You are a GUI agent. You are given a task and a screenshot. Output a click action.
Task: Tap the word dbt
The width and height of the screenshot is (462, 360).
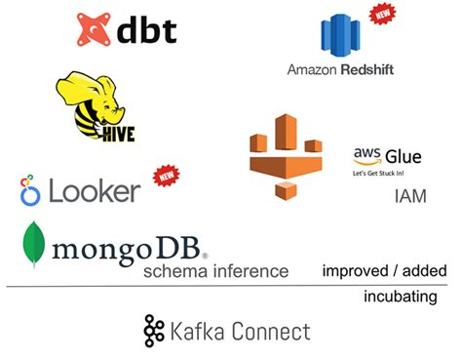pyautogui.click(x=146, y=29)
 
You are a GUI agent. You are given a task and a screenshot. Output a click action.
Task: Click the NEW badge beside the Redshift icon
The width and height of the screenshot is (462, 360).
pyautogui.click(x=382, y=15)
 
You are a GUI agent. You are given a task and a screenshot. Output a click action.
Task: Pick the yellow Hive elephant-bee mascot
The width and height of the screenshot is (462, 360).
pyautogui.click(x=93, y=102)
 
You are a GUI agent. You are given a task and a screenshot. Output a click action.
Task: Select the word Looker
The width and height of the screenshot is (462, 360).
pyautogui.click(x=94, y=191)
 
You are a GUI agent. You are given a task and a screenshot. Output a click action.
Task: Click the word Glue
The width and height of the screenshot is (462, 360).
pyautogui.click(x=403, y=156)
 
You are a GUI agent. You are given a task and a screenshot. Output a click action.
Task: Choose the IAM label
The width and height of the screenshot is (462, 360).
pyautogui.click(x=410, y=197)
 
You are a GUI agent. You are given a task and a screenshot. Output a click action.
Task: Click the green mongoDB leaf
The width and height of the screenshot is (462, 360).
pyautogui.click(x=37, y=244)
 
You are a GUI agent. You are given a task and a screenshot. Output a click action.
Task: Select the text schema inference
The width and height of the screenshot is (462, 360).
pyautogui.click(x=215, y=271)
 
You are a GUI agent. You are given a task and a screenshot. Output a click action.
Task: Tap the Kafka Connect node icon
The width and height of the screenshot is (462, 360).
pyautogui.click(x=154, y=332)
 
